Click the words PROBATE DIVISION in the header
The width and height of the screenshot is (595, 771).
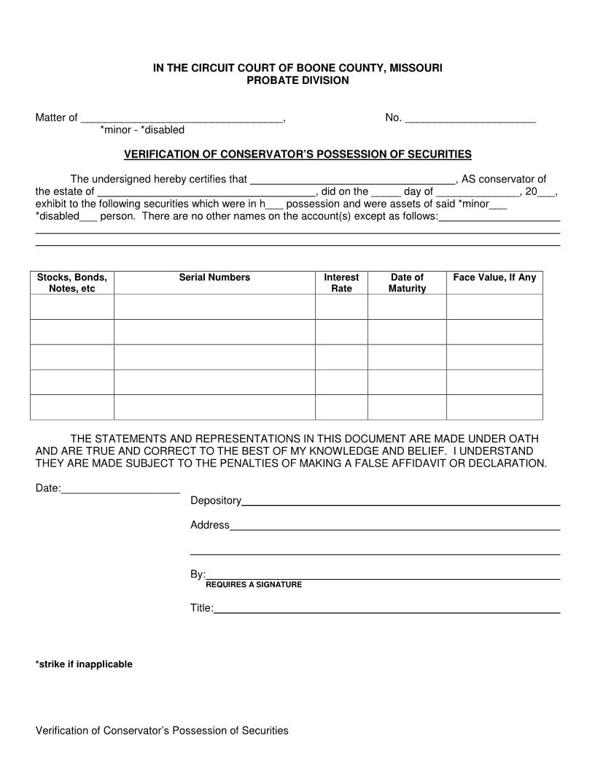297,80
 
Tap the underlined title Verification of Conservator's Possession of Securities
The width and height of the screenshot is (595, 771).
297,154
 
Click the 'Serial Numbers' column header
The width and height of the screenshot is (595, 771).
214,277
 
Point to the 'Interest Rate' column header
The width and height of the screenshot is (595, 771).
341,283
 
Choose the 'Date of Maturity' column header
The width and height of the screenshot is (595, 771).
407,283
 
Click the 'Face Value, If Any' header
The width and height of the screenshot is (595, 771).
494,277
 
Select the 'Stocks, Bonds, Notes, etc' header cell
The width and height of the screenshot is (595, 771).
72,283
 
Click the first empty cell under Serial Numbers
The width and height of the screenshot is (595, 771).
214,307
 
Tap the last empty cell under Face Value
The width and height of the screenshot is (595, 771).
494,407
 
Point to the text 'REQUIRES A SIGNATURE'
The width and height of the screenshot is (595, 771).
254,585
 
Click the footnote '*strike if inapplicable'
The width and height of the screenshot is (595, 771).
84,664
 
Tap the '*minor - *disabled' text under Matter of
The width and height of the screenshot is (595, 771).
142,130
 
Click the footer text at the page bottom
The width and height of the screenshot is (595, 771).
162,730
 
